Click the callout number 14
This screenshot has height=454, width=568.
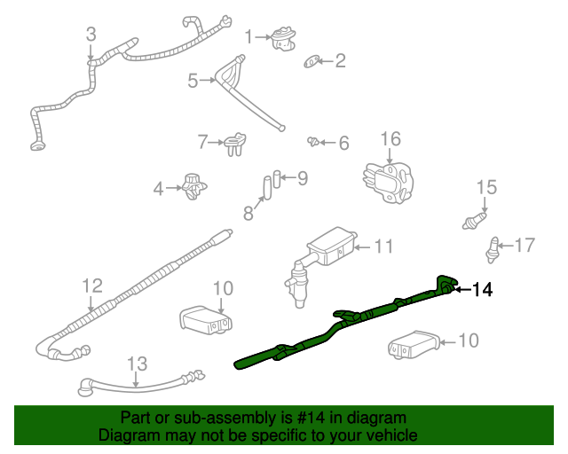[481, 289]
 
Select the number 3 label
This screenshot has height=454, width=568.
[91, 35]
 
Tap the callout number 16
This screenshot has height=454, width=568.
[390, 139]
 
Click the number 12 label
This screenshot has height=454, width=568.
[92, 286]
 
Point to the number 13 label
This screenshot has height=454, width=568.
[136, 364]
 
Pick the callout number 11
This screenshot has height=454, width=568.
[383, 246]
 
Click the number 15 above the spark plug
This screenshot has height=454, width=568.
[485, 187]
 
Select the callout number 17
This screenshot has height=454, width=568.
[525, 245]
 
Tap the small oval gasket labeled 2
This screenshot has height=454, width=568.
[312, 61]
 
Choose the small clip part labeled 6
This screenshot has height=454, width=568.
[313, 141]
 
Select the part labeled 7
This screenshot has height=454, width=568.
[234, 142]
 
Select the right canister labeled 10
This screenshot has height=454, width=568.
[413, 345]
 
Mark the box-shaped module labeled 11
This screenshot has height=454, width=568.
[330, 247]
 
